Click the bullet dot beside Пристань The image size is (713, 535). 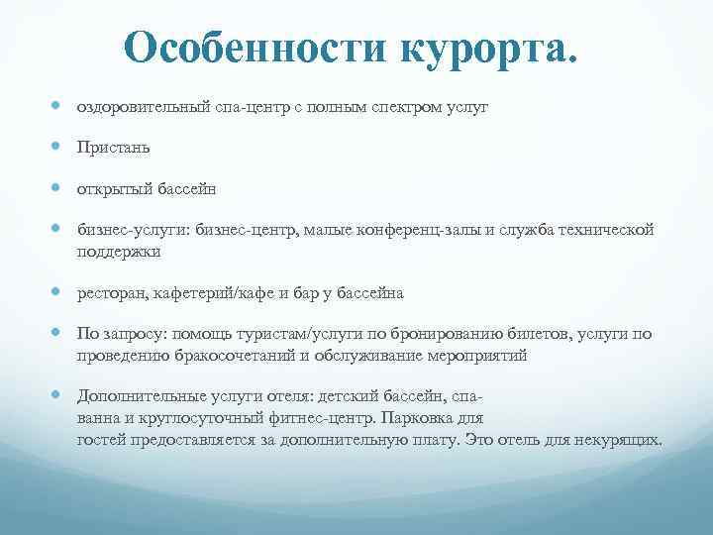coord(58,147)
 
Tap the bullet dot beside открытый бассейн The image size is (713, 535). coord(58,188)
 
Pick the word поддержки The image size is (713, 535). coord(119,251)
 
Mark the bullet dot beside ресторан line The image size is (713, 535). coord(58,293)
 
